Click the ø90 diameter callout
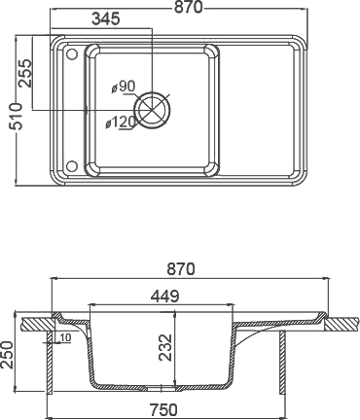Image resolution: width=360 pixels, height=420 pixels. (x=124, y=87)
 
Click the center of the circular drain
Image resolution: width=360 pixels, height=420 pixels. (x=153, y=108)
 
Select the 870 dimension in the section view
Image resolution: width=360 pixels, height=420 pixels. (x=182, y=269)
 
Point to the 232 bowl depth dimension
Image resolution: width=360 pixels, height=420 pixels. (x=166, y=343)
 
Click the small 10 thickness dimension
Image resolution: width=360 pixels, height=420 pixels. (x=63, y=337)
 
